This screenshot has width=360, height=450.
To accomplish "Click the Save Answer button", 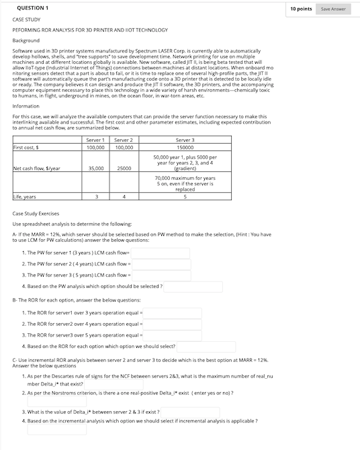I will [x=333, y=9].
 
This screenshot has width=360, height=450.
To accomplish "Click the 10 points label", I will [x=301, y=9].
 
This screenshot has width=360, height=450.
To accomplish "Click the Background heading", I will [x=27, y=41].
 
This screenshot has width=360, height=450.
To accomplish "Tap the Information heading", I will [x=26, y=106].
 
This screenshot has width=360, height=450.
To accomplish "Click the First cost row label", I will [x=26, y=146].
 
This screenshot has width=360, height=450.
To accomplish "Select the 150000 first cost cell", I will [x=185, y=146].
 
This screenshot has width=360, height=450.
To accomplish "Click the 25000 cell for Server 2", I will [x=124, y=169].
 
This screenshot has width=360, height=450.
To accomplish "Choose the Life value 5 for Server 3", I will [x=185, y=197].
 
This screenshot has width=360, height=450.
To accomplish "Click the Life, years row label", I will [x=26, y=197].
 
